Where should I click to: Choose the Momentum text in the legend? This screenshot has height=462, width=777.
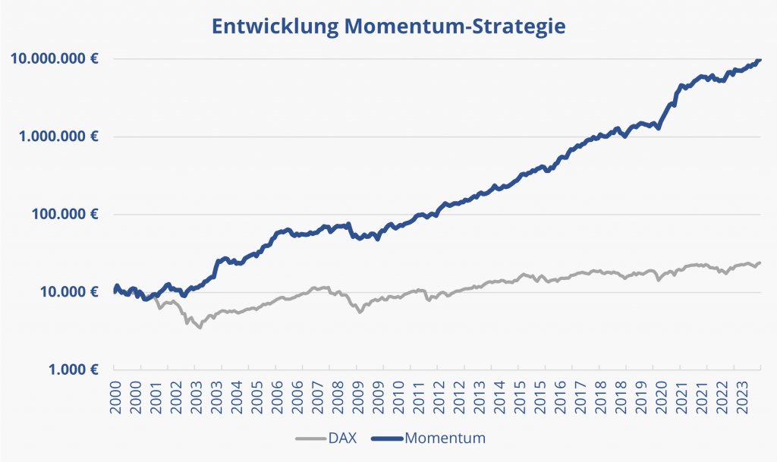445,438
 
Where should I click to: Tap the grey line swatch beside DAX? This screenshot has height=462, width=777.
309,438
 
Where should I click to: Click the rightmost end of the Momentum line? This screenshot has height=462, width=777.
760,60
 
